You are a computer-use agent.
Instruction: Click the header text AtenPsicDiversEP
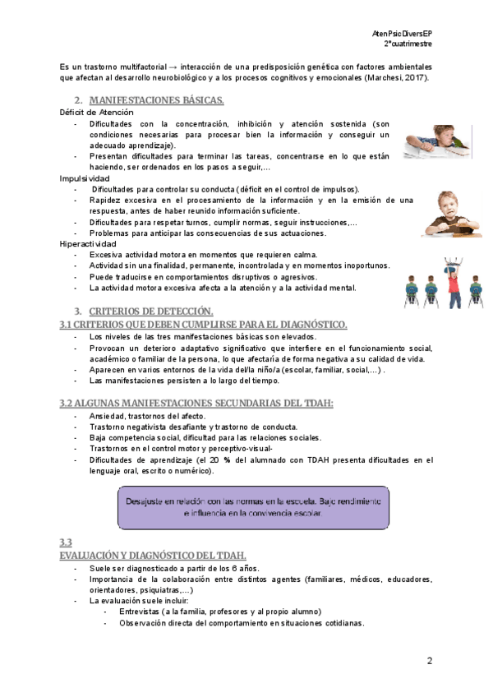(x=403, y=32)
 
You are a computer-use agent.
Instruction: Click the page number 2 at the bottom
(x=429, y=662)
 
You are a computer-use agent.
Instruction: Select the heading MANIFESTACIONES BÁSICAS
(x=156, y=100)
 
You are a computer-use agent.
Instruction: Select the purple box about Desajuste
(x=253, y=507)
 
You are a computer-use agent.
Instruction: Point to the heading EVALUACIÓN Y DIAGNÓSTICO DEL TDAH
(x=152, y=556)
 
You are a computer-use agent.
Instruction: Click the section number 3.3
(x=66, y=542)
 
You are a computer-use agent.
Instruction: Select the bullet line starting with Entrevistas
(x=219, y=612)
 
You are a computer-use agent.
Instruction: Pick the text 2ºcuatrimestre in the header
(x=408, y=43)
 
